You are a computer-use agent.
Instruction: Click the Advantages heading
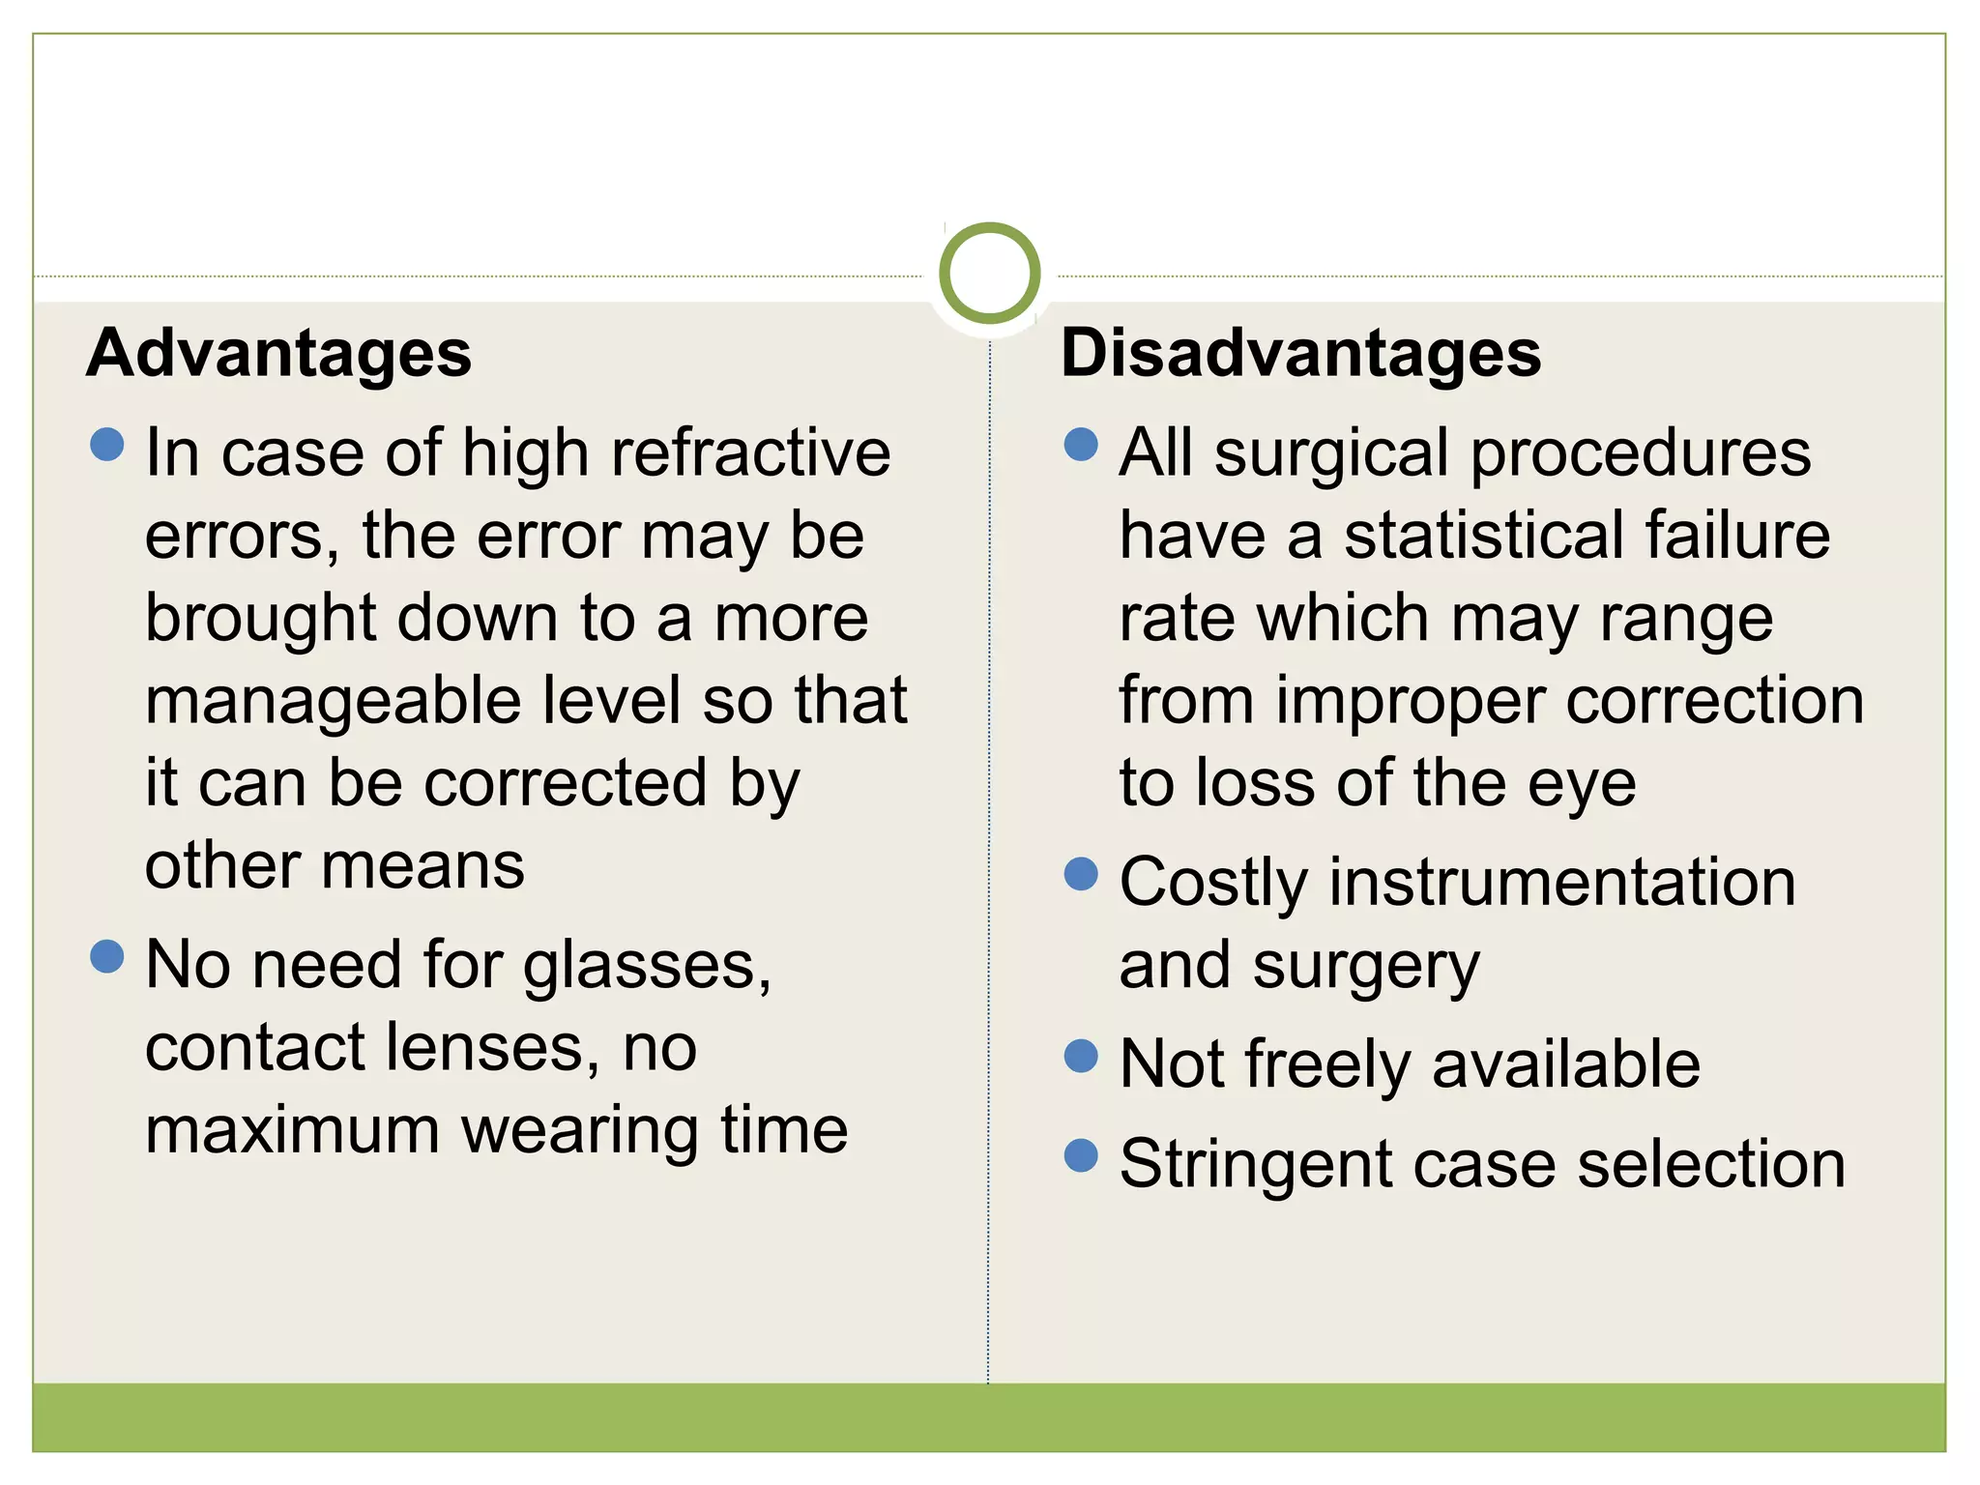[x=278, y=354]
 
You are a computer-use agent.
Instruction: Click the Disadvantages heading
[x=1300, y=354]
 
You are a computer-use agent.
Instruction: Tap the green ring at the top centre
[x=989, y=273]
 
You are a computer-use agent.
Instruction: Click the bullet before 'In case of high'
[x=106, y=445]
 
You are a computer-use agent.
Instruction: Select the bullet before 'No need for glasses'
[x=106, y=957]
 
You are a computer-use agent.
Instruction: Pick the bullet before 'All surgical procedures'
[x=1081, y=445]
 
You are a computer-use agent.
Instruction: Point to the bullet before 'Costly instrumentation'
[x=1081, y=874]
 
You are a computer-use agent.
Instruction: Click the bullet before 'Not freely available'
[x=1081, y=1056]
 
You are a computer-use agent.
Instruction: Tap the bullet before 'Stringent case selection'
[x=1081, y=1155]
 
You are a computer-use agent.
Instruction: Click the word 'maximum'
[x=293, y=1130]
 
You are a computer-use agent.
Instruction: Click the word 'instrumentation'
[x=1562, y=883]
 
